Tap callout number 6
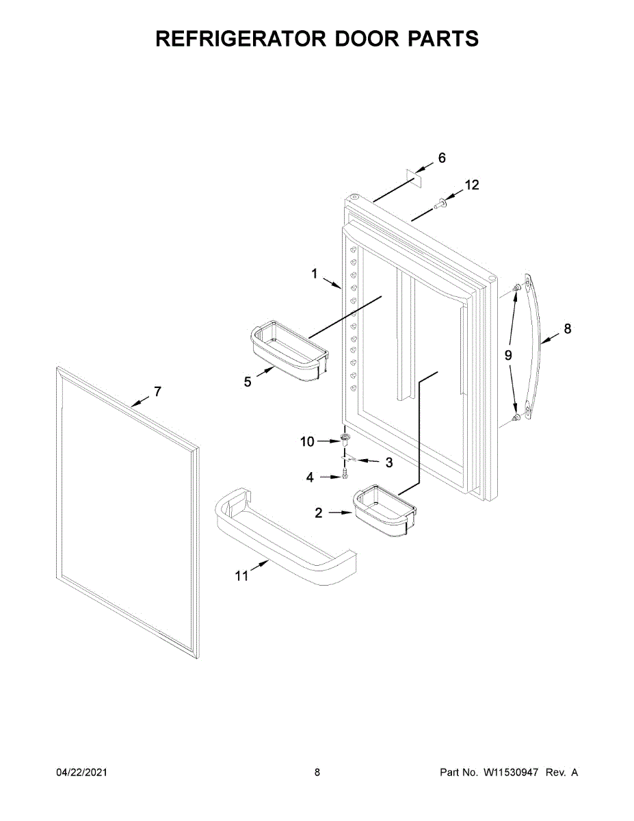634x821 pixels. click(442, 158)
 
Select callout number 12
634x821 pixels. click(472, 185)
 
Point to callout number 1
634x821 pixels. click(315, 274)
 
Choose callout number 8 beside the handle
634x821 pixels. click(567, 329)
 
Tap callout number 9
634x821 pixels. click(508, 354)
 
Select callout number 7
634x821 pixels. click(157, 391)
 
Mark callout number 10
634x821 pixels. click(307, 442)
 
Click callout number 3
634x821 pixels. click(388, 462)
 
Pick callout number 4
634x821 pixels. click(310, 478)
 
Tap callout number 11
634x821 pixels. click(241, 576)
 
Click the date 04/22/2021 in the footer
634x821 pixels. click(81, 772)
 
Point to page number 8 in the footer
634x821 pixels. click(317, 772)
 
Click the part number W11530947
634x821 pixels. click(512, 772)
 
